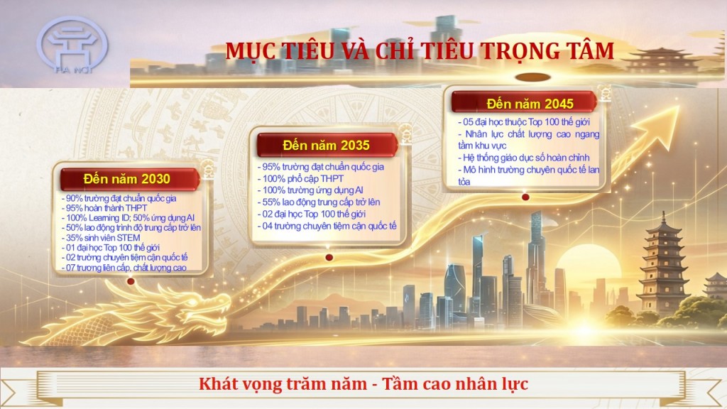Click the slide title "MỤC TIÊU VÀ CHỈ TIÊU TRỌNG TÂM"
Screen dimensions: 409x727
coord(420,51)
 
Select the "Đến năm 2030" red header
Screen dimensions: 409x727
coord(126,177)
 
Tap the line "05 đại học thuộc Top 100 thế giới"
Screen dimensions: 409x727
coord(529,122)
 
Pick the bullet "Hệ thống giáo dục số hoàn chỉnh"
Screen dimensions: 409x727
coord(524,158)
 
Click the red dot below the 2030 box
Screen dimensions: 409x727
coord(130,282)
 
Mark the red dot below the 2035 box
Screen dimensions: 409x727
coord(328,257)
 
